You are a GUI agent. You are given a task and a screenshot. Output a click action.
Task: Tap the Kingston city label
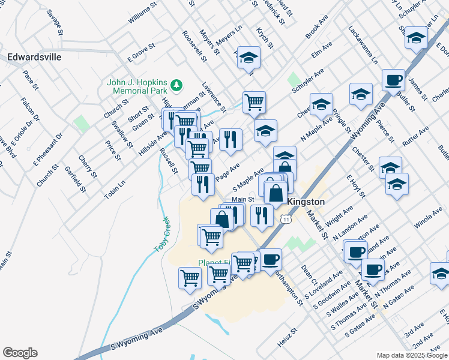click(306, 202)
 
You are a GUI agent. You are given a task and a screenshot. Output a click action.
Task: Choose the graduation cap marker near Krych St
click(249, 58)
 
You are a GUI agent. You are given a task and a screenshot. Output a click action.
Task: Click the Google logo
click(20, 353)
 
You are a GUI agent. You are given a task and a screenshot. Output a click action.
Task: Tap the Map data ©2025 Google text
click(412, 355)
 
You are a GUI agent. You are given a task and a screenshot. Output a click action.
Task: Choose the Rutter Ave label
click(415, 136)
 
